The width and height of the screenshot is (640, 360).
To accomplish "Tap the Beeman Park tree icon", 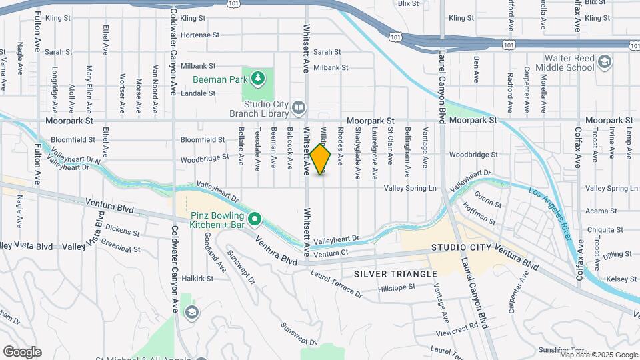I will tap(258, 79).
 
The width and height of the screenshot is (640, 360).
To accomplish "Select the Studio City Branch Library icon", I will tap(299, 107).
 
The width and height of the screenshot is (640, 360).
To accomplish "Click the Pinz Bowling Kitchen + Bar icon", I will tap(254, 219).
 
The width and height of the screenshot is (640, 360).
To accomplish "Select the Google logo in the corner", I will tap(22, 351).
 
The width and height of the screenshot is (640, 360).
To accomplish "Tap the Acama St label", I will tap(599, 211).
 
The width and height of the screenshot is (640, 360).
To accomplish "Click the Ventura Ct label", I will tap(331, 253).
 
